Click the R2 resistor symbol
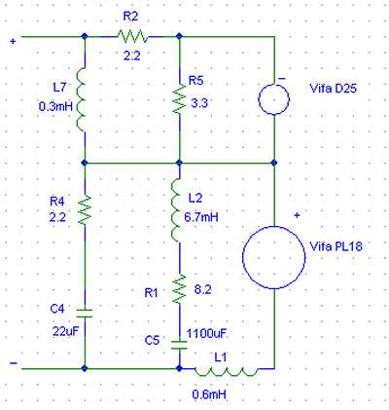tap(131, 37)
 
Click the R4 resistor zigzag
tap(85, 207)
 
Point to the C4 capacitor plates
tap(85, 314)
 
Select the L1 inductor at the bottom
tap(226, 370)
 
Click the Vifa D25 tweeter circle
tap(275, 97)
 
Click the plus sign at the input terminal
tap(12, 41)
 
